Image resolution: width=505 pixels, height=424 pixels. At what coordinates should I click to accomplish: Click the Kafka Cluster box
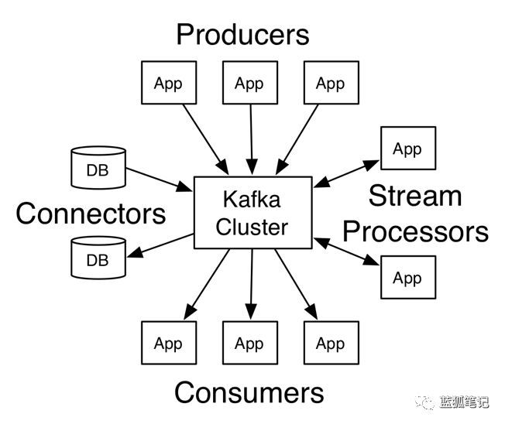tap(252, 213)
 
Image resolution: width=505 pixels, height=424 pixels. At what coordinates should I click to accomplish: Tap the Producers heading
tap(242, 34)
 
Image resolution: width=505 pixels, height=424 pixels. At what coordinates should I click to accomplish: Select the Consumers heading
tap(249, 392)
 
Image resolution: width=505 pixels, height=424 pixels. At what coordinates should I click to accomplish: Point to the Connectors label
tap(91, 213)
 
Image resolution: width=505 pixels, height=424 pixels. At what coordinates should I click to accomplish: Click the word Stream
tap(414, 196)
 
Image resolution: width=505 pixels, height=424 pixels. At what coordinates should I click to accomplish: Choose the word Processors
tap(416, 231)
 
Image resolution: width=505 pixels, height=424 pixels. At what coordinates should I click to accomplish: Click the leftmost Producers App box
tap(167, 83)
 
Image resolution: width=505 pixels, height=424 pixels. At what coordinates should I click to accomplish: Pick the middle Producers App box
tap(249, 83)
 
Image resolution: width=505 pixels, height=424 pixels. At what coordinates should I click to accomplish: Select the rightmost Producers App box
tap(331, 83)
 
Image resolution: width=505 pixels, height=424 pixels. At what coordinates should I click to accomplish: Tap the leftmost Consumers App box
tap(167, 343)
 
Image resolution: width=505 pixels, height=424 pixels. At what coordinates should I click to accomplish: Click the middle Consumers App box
tap(249, 343)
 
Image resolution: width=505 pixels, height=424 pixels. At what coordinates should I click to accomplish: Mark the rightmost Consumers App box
tap(331, 343)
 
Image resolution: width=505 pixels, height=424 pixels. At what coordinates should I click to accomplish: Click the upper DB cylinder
tap(98, 167)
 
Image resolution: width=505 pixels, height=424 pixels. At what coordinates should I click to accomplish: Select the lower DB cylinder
tap(98, 258)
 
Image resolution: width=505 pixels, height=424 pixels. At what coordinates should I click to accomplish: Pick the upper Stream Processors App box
tap(407, 149)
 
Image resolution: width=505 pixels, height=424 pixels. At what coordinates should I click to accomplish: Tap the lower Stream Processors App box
tap(407, 277)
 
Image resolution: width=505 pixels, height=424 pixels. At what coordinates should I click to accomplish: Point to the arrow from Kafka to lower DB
tap(160, 246)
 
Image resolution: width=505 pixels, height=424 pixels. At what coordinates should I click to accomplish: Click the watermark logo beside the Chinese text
tap(426, 402)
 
